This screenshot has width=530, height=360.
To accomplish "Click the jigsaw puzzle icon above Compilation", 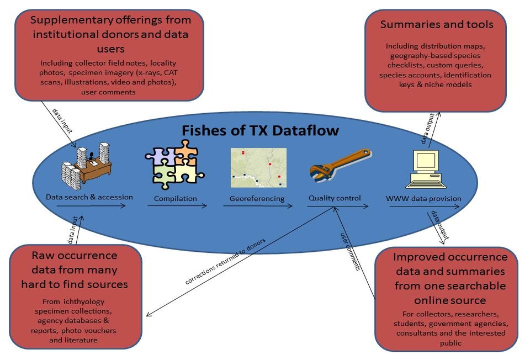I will click(173, 164).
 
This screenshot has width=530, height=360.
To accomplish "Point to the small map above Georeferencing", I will click(258, 168).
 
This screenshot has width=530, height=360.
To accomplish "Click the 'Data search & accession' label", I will click(89, 197).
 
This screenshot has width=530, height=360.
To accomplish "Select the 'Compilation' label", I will click(175, 199).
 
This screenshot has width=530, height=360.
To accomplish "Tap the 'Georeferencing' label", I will click(257, 199).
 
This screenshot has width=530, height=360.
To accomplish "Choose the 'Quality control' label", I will click(335, 198).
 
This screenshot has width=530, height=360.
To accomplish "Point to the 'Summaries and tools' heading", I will click(436, 24).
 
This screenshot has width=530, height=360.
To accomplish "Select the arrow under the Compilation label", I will click(177, 207).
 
